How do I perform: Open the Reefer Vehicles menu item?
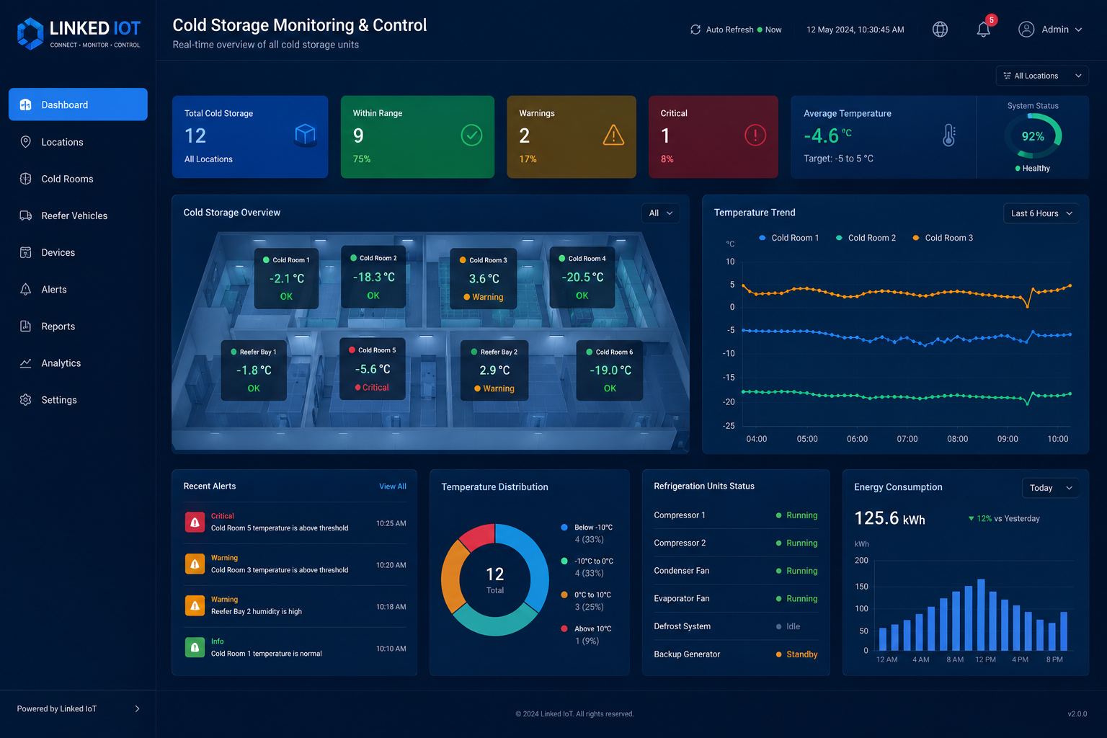coord(74,215)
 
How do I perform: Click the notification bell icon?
coord(983,30)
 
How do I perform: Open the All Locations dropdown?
coord(1041,76)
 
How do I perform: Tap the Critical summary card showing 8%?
coord(713,136)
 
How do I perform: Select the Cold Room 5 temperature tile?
coord(373,369)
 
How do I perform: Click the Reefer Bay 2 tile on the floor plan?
coord(494,370)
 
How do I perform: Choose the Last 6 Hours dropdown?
coord(1041,213)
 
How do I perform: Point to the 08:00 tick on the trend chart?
coord(957,439)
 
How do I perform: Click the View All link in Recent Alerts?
coord(392,486)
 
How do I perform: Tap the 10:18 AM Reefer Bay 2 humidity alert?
coord(295,606)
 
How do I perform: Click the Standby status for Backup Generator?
coord(801,654)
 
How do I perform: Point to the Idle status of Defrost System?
coord(793,626)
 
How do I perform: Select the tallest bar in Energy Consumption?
coord(981,615)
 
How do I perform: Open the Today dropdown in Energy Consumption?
coord(1050,488)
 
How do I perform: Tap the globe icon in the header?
coord(940,30)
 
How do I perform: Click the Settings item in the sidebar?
coord(59,400)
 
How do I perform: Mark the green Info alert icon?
coord(195,647)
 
